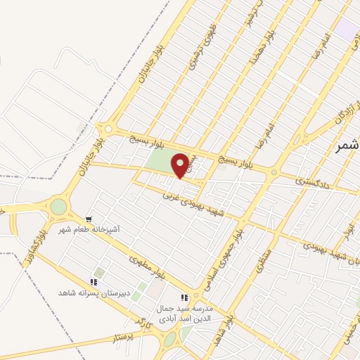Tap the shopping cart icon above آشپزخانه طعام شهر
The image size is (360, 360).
[x=89, y=219]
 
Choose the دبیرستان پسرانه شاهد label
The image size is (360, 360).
[x=94, y=292]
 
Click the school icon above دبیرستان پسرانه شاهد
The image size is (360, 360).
[x=94, y=282]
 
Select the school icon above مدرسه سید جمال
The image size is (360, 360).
[x=185, y=297]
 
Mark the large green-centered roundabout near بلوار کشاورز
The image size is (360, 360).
[x=58, y=207]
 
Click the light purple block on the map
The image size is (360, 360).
[x=347, y=30]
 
